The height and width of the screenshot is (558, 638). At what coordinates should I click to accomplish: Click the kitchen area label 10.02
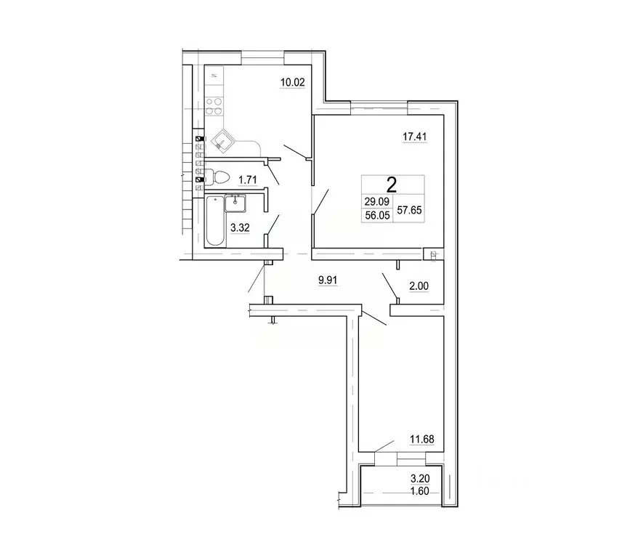tap(292, 82)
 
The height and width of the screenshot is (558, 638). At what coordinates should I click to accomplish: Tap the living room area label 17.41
tap(415, 137)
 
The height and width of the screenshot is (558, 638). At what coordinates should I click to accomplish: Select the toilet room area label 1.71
tap(248, 179)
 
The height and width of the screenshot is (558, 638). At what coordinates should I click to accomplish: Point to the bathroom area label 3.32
tap(240, 227)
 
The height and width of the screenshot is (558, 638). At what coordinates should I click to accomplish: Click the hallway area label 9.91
tap(328, 280)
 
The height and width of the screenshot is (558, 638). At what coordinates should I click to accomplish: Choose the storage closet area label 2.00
tap(419, 286)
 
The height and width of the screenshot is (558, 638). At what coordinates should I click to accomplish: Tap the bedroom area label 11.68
tap(422, 440)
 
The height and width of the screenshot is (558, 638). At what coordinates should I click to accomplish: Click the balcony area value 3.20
tap(420, 479)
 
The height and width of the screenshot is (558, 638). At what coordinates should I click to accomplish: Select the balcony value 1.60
tap(420, 491)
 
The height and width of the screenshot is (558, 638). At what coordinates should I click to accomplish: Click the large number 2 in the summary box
tap(392, 185)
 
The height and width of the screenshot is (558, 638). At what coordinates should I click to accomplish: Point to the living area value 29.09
tap(377, 201)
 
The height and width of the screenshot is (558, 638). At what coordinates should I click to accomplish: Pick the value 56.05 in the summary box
tap(377, 216)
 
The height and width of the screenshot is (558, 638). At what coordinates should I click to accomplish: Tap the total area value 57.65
tap(409, 210)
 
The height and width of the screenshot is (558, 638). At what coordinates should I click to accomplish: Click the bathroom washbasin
tap(235, 203)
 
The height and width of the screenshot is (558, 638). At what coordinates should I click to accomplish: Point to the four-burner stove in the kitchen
tap(214, 106)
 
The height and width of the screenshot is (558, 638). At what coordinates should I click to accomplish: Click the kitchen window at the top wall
tap(262, 58)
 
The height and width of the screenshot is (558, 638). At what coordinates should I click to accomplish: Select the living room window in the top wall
tap(379, 108)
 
